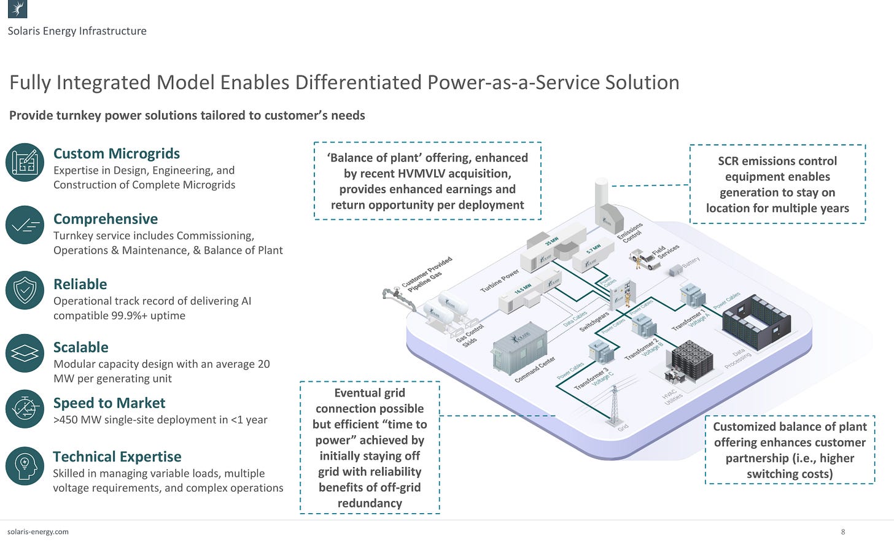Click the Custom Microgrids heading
[x=117, y=153]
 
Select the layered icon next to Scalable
[x=25, y=354]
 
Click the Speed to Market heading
[x=109, y=403]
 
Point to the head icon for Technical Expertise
[x=25, y=466]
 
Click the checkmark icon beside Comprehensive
[x=25, y=225]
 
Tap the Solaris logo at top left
[x=17, y=9]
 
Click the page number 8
[x=843, y=532]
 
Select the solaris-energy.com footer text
[x=38, y=532]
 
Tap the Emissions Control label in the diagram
[x=630, y=233]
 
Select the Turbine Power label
[x=499, y=280]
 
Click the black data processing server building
[x=756, y=322]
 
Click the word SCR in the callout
[x=729, y=161]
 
